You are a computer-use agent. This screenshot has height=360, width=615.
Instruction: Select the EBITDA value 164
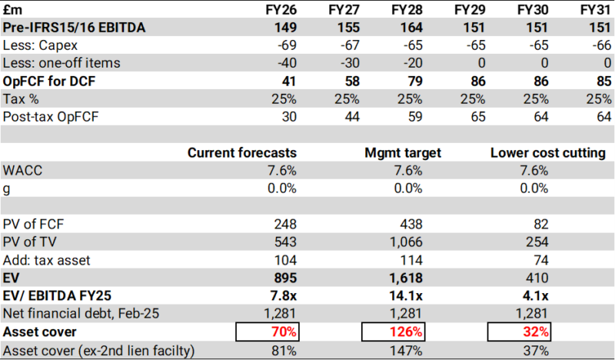point(411,28)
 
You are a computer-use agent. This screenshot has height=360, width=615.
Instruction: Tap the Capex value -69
point(286,45)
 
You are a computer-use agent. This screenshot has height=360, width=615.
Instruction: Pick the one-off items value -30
point(348,63)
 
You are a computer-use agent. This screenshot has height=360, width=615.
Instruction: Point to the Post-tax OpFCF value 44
point(351,117)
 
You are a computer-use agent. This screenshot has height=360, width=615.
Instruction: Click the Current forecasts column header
point(241,153)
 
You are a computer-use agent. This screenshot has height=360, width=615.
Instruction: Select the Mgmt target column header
point(402,153)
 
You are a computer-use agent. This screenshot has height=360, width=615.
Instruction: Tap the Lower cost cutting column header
point(547,153)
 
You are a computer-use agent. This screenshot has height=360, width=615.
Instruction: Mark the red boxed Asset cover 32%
point(534,332)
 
